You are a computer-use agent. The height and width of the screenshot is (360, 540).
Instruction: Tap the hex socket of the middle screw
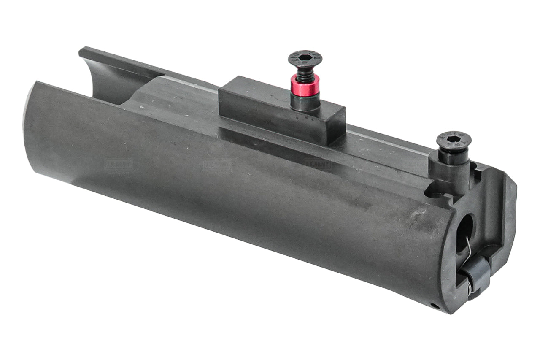pos(305,58)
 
